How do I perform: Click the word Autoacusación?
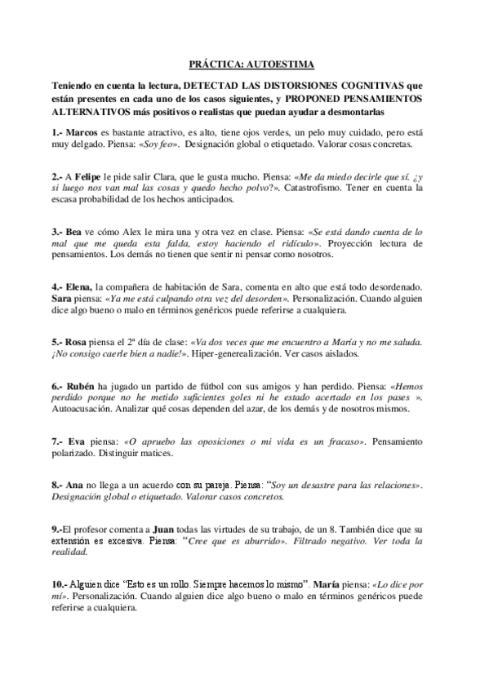pos(83,411)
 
